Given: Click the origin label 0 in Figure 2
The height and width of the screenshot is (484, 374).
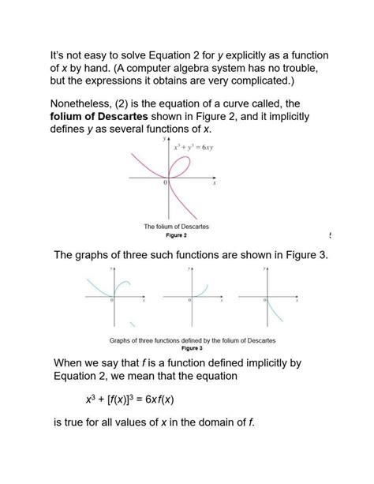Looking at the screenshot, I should [166, 182].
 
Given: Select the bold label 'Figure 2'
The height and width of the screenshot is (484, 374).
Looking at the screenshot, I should [176, 235].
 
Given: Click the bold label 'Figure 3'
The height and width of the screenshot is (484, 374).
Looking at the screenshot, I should [192, 347].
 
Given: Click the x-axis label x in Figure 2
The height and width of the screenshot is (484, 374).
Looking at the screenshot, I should [213, 182].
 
